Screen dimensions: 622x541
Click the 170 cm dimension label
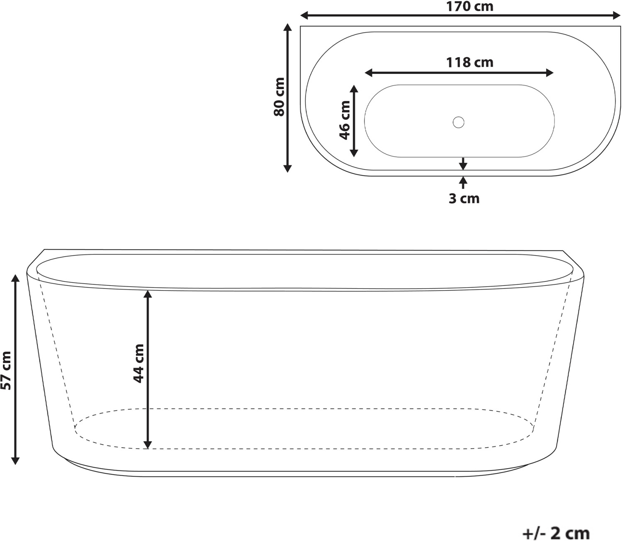[469, 6]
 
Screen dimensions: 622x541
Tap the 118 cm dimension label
[470, 62]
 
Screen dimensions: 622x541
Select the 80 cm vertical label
[279, 97]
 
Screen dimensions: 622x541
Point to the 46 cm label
[345, 120]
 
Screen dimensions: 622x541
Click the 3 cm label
[464, 199]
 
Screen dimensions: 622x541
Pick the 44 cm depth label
[138, 363]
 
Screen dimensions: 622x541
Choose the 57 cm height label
[6, 371]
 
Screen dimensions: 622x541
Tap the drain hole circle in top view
[459, 122]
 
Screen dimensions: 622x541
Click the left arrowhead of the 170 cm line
[304, 15]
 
